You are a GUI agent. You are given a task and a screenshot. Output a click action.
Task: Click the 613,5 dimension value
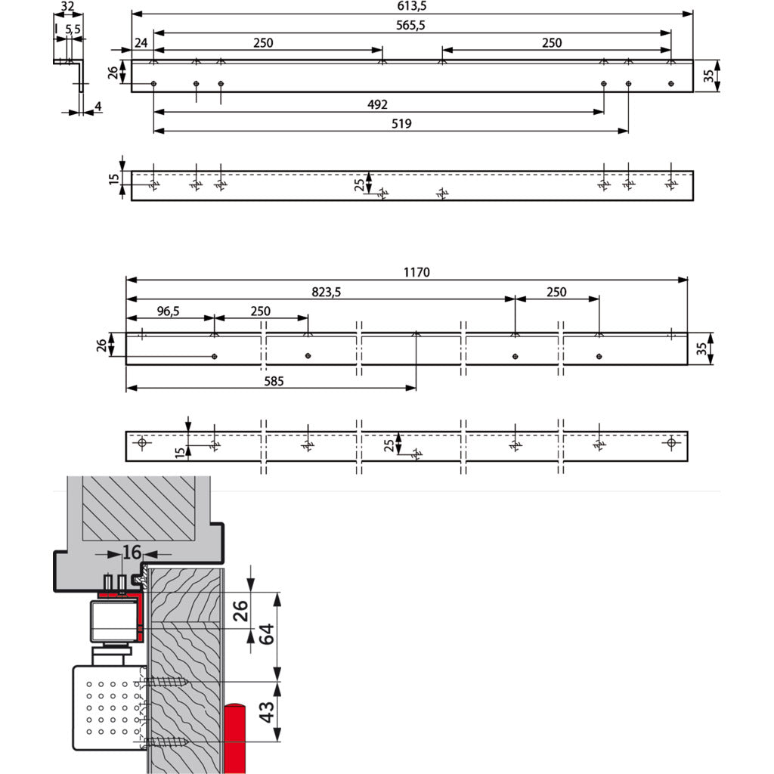412,5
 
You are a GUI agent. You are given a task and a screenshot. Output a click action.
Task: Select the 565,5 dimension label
412,25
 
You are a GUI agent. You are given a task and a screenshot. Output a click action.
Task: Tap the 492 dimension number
377,104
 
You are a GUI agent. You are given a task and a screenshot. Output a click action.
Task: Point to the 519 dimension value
402,124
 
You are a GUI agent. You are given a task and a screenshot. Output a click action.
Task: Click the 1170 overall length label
416,272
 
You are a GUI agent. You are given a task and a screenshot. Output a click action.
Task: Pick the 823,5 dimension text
327,292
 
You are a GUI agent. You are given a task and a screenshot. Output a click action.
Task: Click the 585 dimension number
274,382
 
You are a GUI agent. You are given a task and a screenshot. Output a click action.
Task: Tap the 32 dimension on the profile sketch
67,7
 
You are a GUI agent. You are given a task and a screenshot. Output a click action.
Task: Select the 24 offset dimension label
141,43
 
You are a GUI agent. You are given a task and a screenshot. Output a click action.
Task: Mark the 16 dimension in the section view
132,553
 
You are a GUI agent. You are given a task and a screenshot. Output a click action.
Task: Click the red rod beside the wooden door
234,737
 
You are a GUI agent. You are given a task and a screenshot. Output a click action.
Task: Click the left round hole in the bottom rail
141,443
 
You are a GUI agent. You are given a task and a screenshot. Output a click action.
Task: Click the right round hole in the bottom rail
671,443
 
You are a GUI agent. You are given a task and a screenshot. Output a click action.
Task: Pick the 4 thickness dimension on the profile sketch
98,107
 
